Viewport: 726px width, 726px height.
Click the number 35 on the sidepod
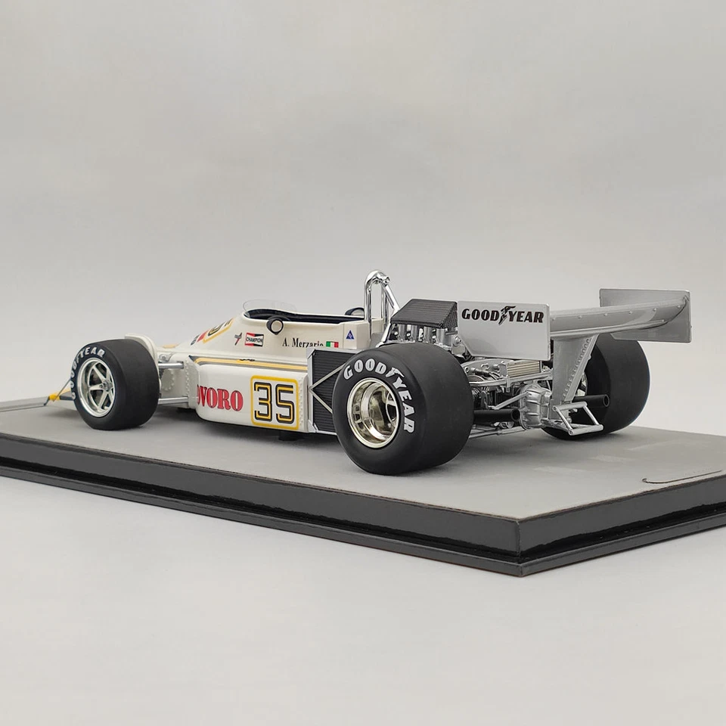275,402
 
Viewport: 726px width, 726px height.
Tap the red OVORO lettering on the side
220,399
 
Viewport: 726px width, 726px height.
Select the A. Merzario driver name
302,343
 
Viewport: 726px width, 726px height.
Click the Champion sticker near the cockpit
255,339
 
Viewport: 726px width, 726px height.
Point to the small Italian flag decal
332,344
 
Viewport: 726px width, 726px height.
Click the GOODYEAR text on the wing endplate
503,315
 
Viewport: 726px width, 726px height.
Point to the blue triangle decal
350,335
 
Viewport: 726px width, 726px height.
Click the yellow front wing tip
55,394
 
